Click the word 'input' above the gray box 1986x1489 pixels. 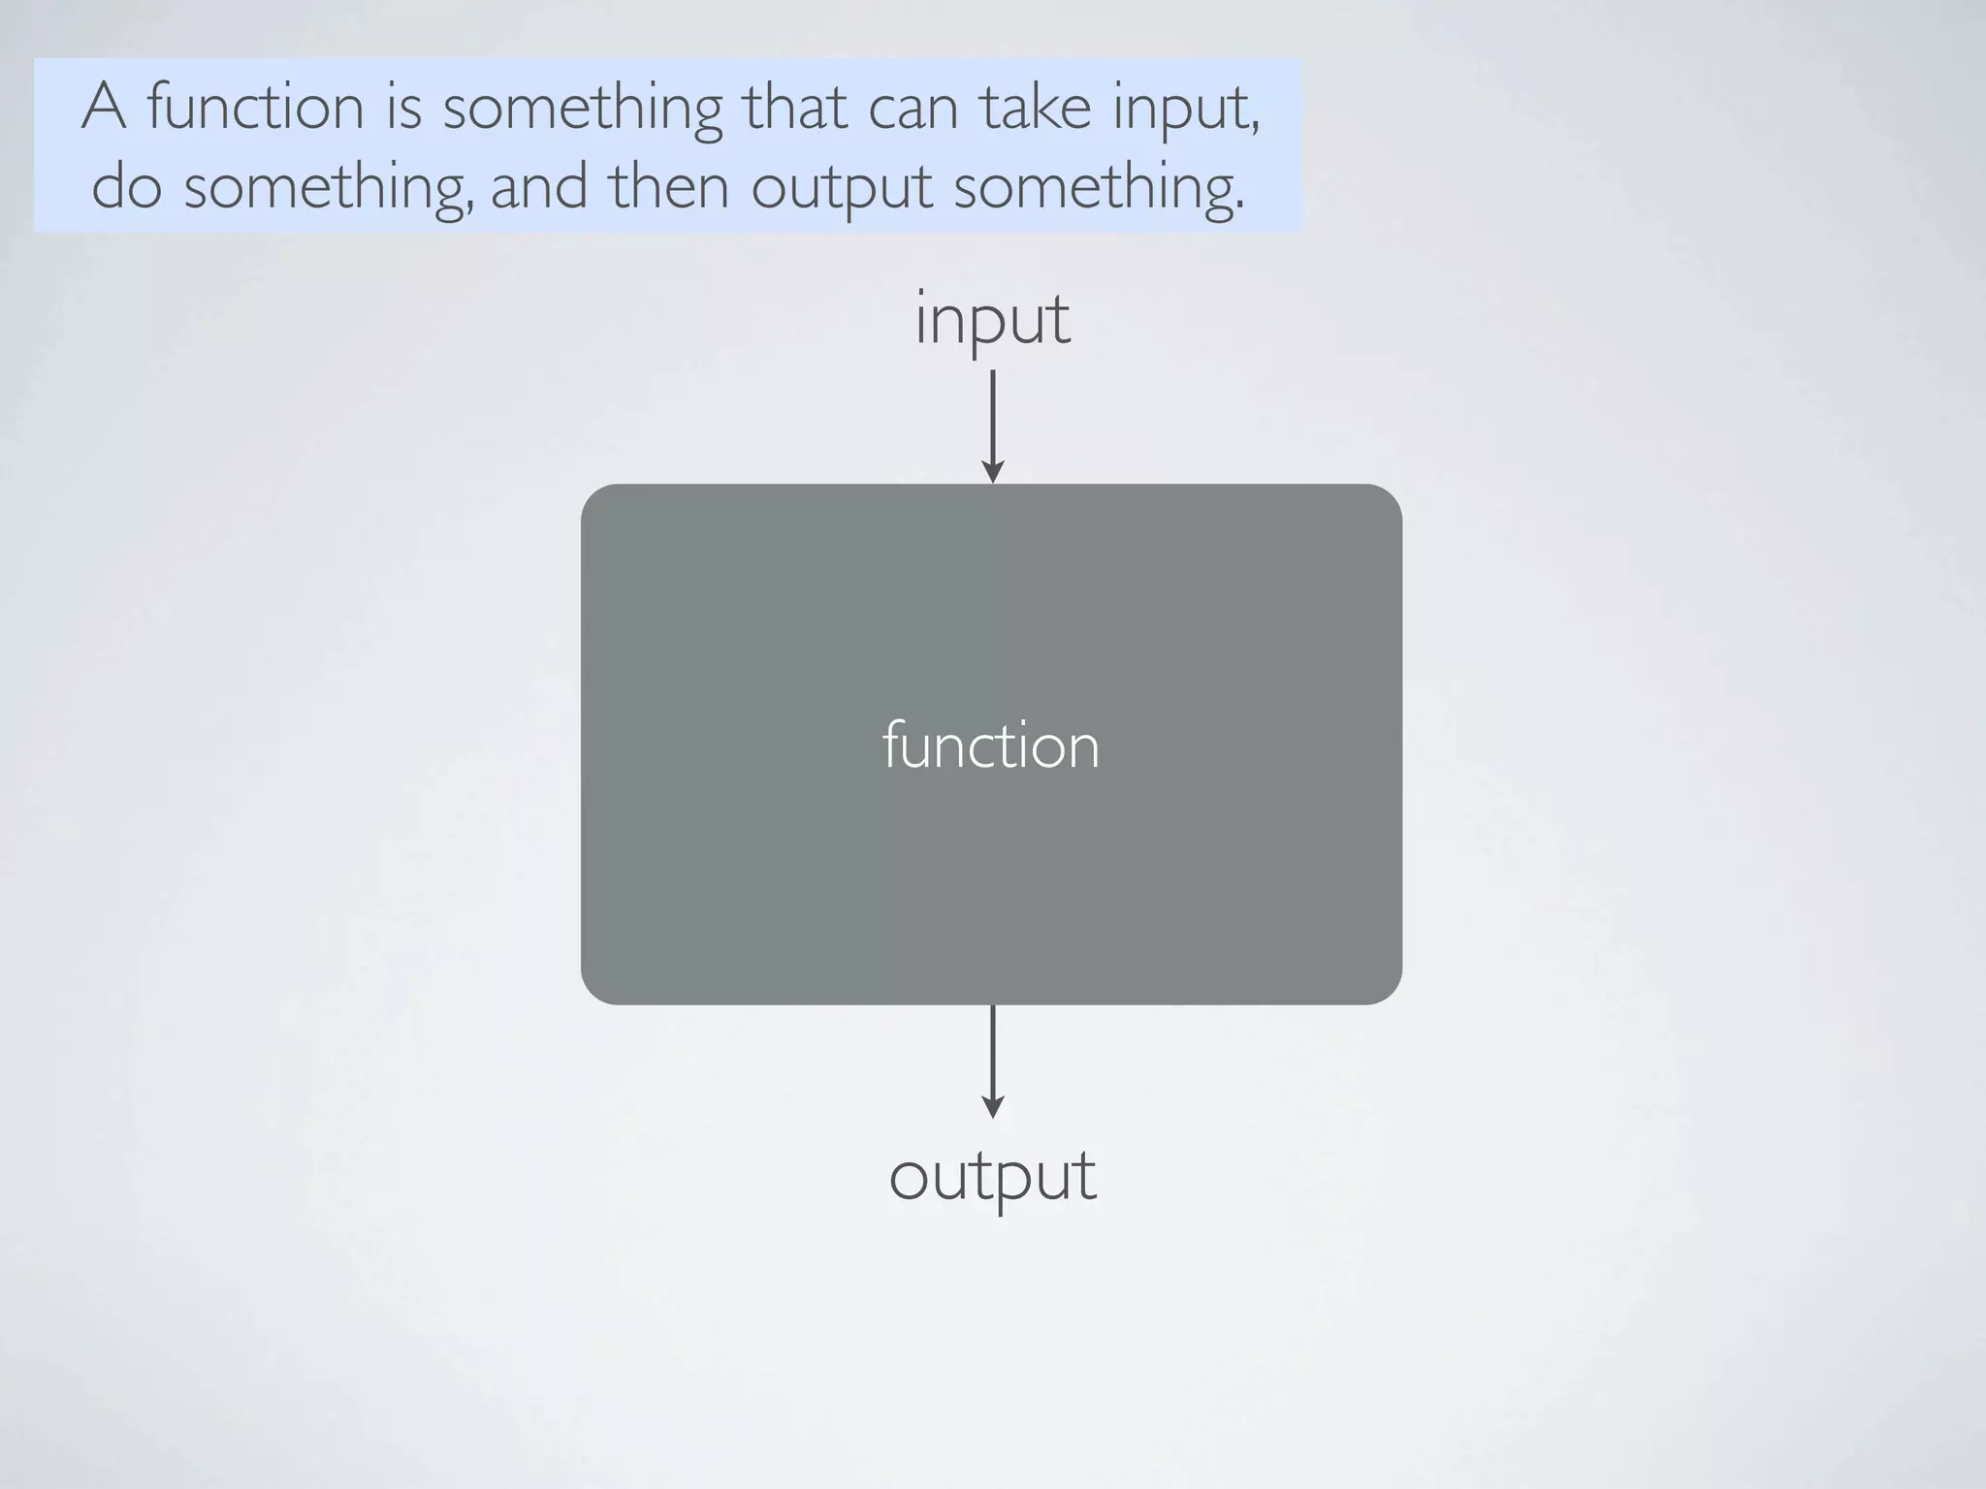pyautogui.click(x=992, y=320)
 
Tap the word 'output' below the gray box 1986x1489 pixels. pyautogui.click(x=992, y=1176)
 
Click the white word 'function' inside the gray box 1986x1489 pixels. pyautogui.click(x=991, y=746)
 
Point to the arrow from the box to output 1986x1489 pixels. pyautogui.click(x=992, y=1061)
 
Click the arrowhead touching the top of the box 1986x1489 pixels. pyautogui.click(x=992, y=472)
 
